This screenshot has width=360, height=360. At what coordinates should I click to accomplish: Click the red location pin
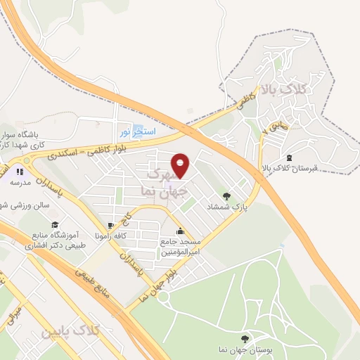tap(181, 165)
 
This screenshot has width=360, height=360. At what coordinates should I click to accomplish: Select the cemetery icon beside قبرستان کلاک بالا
tap(290, 157)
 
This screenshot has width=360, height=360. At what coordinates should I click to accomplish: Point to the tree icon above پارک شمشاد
tap(226, 196)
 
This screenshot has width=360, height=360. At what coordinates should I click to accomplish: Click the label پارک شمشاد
tap(224, 207)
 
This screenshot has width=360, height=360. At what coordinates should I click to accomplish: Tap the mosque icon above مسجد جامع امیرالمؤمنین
tap(181, 231)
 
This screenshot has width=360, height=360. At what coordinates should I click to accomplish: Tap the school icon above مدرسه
tap(20, 171)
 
